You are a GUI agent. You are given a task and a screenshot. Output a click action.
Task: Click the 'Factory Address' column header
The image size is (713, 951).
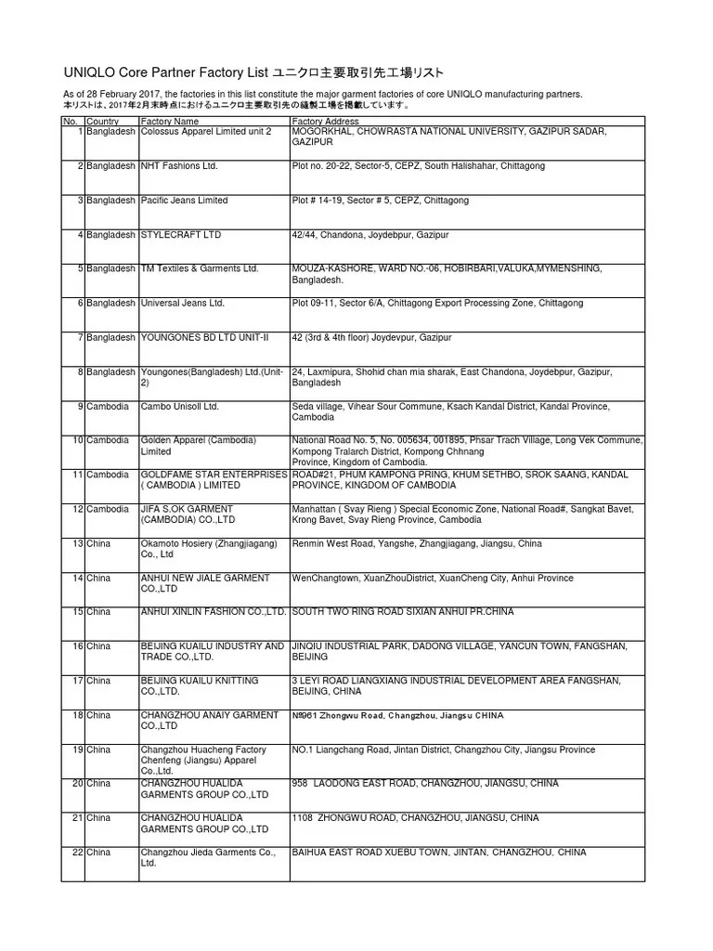tap(325, 122)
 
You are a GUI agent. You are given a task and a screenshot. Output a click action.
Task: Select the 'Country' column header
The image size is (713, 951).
tap(102, 122)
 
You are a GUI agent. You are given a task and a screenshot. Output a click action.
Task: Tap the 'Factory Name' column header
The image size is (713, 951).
tap(169, 122)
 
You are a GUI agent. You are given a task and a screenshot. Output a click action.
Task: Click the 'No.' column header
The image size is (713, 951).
tap(71, 122)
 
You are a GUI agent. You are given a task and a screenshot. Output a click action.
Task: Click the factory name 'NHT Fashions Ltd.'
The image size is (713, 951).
tap(178, 166)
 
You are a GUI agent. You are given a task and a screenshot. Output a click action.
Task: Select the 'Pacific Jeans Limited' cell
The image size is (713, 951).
tap(183, 201)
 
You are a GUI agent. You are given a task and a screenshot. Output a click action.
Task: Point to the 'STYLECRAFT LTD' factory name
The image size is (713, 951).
tap(180, 235)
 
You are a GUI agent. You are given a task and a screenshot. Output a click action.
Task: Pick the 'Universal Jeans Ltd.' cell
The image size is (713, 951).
tap(182, 303)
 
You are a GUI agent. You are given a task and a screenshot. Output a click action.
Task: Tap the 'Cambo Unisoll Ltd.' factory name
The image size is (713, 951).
tap(179, 406)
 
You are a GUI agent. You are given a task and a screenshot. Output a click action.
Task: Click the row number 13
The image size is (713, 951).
tap(78, 543)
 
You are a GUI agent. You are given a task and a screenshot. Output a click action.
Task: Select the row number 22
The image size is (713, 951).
tap(78, 852)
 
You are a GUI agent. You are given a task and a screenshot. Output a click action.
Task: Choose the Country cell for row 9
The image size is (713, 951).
tap(108, 406)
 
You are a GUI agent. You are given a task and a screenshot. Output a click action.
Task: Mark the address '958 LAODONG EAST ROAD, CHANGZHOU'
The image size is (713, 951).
tap(425, 784)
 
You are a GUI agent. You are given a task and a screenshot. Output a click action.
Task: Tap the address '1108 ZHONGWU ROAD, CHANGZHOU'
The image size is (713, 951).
tap(415, 818)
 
